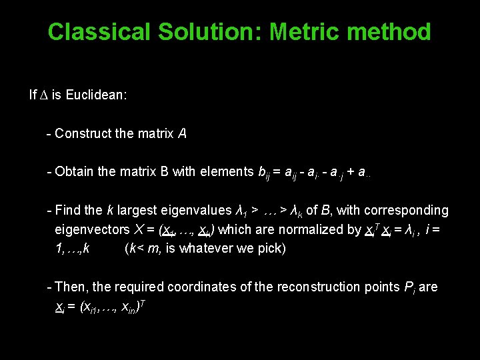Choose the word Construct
83,134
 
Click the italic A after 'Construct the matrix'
182,134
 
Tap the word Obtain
75,172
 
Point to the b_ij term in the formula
265,173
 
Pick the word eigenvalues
200,211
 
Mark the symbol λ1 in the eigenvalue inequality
243,211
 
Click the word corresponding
407,211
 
